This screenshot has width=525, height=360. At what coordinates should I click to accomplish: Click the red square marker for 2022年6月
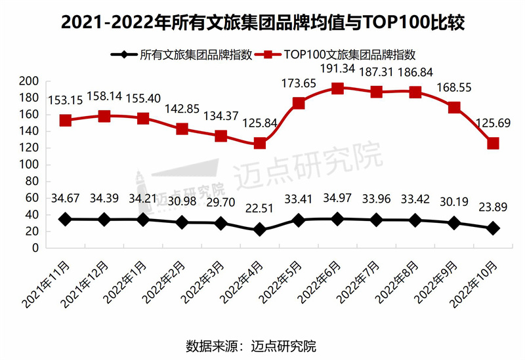(x=337, y=89)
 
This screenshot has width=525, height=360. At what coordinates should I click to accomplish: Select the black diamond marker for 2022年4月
(x=260, y=230)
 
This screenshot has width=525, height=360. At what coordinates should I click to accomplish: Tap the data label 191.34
(x=338, y=68)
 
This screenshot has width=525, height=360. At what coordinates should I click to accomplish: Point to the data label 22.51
(x=260, y=210)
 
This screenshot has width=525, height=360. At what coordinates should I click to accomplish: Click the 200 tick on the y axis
(x=31, y=81)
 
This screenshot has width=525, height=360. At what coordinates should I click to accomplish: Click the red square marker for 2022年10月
(x=492, y=143)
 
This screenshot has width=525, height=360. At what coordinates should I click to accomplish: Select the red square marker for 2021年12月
(x=104, y=116)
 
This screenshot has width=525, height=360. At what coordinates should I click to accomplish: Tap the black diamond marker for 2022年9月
(x=453, y=223)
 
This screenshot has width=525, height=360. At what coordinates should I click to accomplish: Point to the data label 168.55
(x=453, y=87)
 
